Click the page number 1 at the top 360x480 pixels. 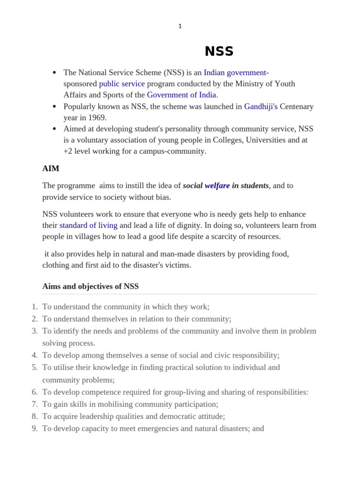click(x=180, y=26)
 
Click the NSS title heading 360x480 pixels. click(x=219, y=52)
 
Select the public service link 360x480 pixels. click(x=122, y=84)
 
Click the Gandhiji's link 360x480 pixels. click(x=261, y=107)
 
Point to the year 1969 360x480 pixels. click(x=97, y=118)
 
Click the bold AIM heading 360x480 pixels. click(x=51, y=168)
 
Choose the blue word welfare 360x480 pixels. click(x=217, y=186)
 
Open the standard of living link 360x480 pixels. click(x=88, y=225)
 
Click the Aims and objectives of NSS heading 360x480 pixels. click(x=90, y=286)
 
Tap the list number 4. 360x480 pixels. click(x=35, y=355)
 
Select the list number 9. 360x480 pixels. click(x=35, y=428)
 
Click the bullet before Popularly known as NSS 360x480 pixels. click(x=55, y=107)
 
